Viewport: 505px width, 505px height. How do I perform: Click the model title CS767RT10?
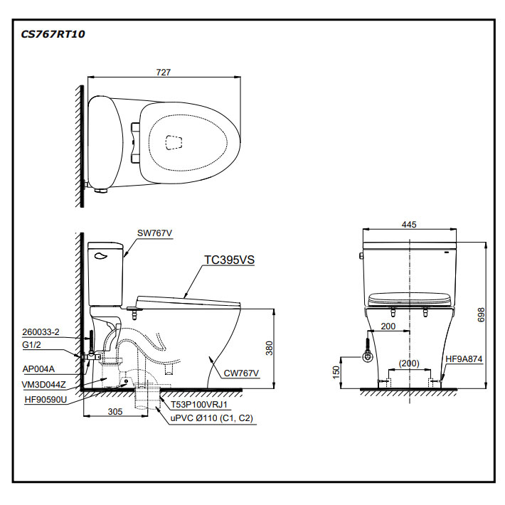(x=53, y=33)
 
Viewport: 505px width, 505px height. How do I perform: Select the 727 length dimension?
(x=164, y=72)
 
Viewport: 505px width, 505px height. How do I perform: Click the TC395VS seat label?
(x=229, y=260)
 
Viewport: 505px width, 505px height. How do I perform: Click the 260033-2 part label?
(x=41, y=331)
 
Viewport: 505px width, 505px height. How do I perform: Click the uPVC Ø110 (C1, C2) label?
(x=211, y=419)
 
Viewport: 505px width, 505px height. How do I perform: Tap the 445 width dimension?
(x=408, y=224)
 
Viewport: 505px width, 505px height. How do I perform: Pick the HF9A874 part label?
(x=465, y=359)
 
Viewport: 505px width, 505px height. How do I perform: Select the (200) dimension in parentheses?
(x=408, y=363)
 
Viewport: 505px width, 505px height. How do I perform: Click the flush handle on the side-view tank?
(x=100, y=250)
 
